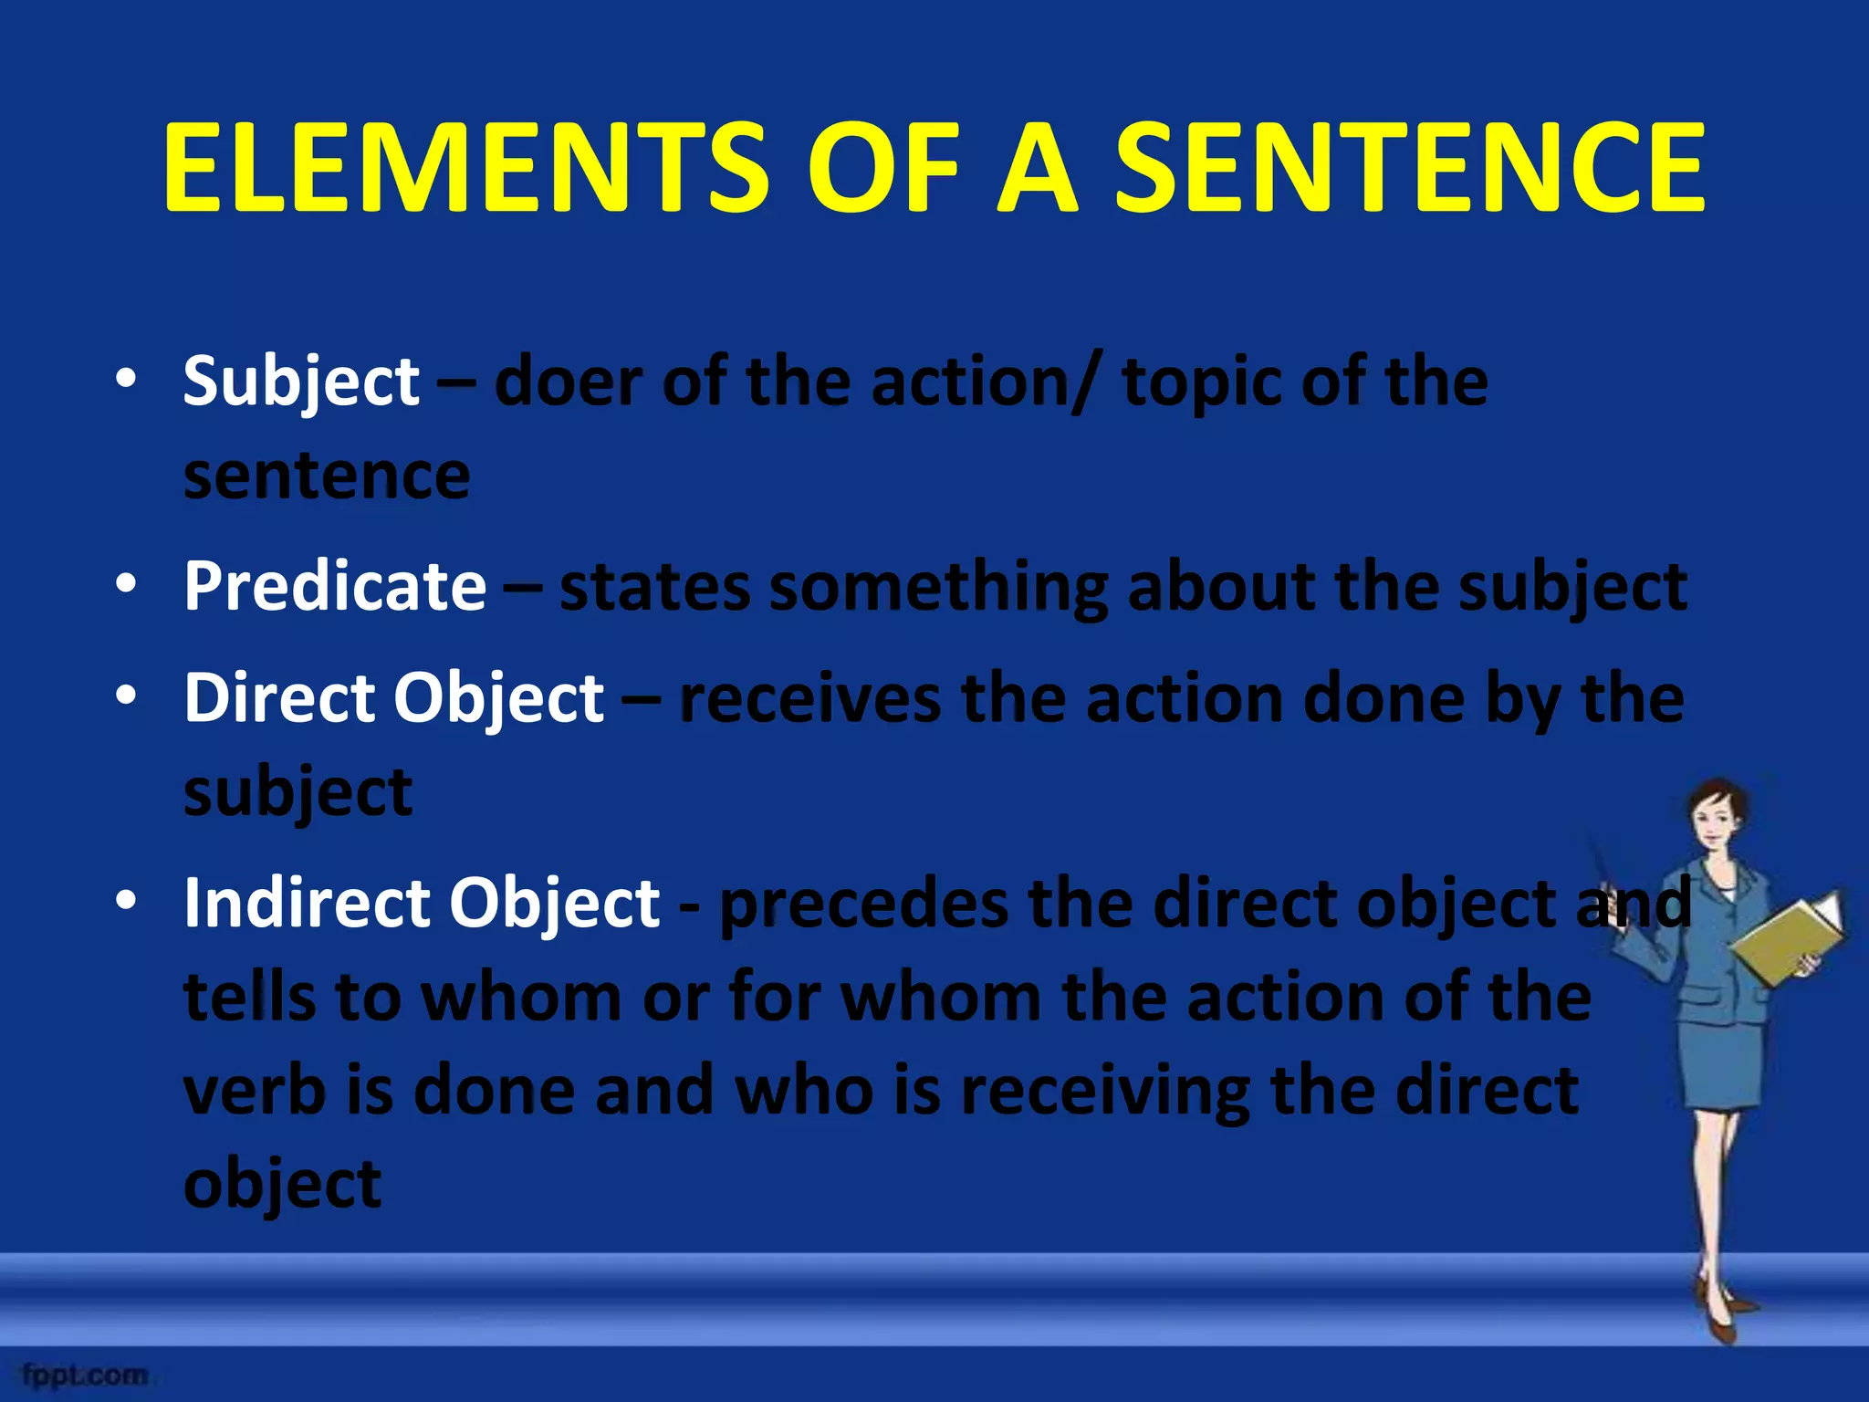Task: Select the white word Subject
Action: (301, 382)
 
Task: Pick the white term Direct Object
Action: (393, 698)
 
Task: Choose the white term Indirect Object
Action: (422, 903)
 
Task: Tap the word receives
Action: (809, 699)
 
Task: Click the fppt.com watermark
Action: (84, 1374)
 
